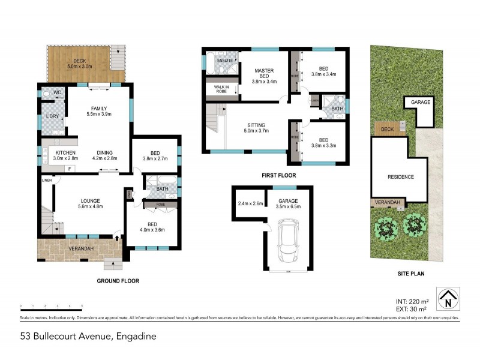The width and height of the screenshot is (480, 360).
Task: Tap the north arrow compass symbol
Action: (x=449, y=298)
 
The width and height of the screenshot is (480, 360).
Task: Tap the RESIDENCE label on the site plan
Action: (x=400, y=177)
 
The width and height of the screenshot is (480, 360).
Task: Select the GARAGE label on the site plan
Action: (x=421, y=103)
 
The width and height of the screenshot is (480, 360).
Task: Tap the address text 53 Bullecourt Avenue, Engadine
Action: (x=88, y=336)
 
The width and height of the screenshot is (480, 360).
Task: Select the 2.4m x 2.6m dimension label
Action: (x=250, y=203)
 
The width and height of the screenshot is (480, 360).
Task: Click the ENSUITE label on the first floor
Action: (x=224, y=60)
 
